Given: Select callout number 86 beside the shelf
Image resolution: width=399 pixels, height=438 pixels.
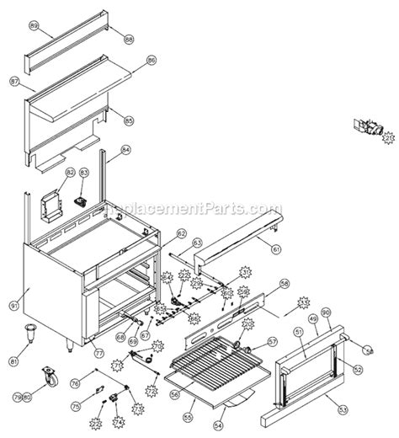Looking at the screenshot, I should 152,61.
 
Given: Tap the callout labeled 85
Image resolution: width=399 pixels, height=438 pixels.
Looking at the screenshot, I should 129,120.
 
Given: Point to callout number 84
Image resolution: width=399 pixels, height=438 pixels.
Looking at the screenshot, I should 125,151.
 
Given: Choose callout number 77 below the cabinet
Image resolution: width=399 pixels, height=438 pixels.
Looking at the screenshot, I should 98,354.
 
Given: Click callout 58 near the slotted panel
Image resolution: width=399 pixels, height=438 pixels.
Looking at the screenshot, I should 285,284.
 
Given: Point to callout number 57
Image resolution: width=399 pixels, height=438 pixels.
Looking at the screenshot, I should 272,341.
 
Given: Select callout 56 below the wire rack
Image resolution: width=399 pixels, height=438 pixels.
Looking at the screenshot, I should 175,392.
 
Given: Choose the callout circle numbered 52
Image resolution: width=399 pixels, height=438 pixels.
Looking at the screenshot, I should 357,368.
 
